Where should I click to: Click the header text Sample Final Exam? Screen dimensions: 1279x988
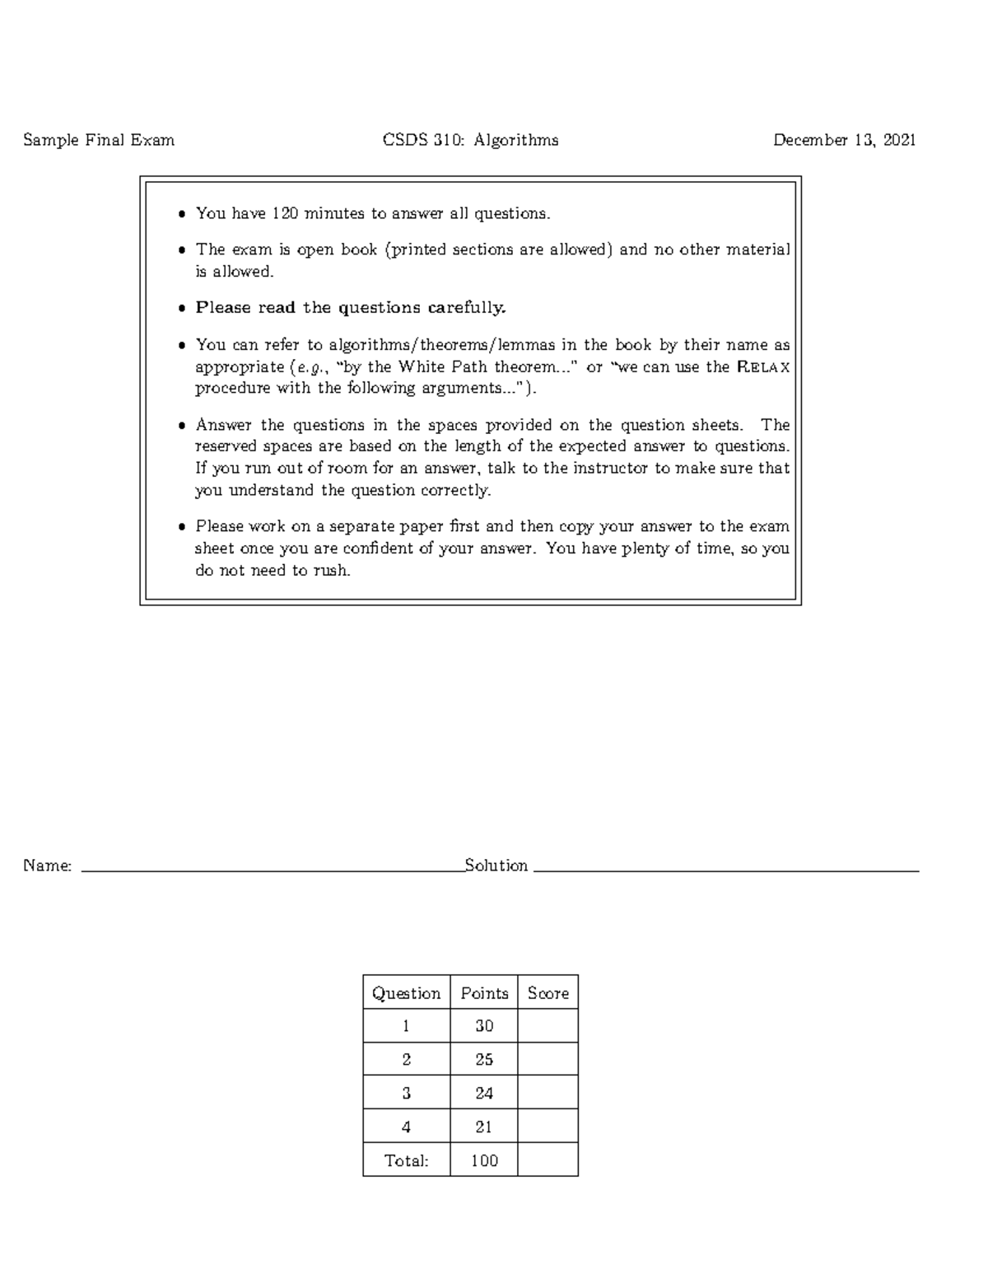(x=99, y=140)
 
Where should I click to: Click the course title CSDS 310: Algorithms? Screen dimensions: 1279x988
(x=470, y=140)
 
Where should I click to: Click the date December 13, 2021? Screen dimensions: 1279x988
(x=844, y=140)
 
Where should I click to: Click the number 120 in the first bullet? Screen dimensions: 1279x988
(x=285, y=214)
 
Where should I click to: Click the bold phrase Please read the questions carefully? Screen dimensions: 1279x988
(x=351, y=308)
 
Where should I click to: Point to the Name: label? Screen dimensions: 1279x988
(x=48, y=866)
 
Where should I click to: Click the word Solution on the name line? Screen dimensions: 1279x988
(x=496, y=866)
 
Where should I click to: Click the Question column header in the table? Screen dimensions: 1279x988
(x=406, y=993)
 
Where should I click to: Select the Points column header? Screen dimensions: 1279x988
(x=484, y=993)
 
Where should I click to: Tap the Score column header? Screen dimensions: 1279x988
(x=548, y=993)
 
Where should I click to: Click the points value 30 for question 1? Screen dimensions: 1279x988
(x=484, y=1026)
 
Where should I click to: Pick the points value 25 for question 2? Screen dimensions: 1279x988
(x=484, y=1060)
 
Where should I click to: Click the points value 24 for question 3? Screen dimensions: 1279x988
(x=484, y=1094)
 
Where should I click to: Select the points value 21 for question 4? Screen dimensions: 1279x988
(x=484, y=1127)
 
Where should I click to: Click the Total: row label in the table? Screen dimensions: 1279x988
(x=406, y=1161)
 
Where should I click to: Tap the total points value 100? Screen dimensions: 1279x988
(x=484, y=1161)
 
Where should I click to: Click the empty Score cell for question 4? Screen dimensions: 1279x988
(x=548, y=1127)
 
